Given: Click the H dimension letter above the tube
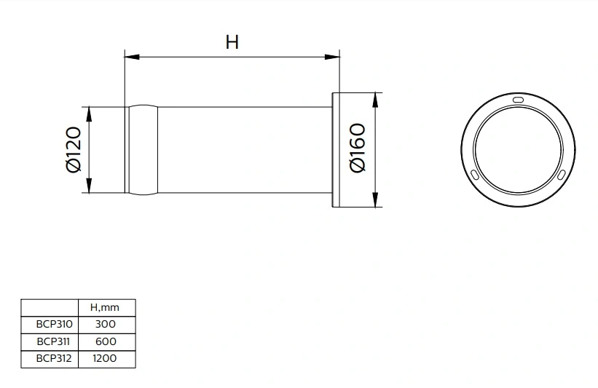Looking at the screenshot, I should (x=232, y=42).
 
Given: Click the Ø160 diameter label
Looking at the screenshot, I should (x=358, y=149).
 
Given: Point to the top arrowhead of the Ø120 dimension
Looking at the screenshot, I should (x=89, y=111).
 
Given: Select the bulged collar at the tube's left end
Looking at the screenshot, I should (x=143, y=150).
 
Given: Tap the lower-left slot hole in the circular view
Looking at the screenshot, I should (x=475, y=175).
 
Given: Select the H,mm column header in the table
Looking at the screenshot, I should (x=106, y=308).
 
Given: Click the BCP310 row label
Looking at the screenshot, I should (x=50, y=324).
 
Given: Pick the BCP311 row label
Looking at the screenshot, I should (x=50, y=341).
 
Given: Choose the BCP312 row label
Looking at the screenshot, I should (x=50, y=357).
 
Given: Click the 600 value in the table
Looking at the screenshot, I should (x=106, y=341).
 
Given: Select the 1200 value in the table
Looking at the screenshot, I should (x=106, y=357).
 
